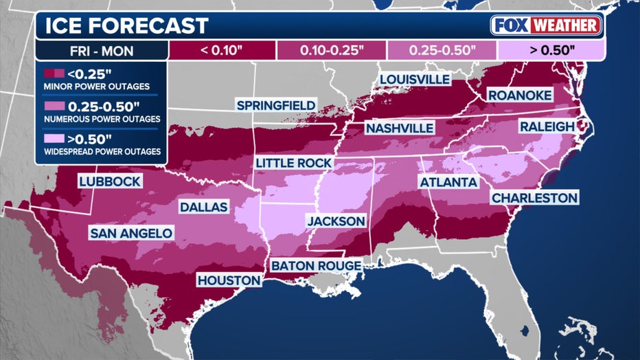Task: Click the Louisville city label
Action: (414, 79)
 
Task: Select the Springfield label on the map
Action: (276, 105)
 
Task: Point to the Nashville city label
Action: (399, 128)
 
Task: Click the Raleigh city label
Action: (547, 127)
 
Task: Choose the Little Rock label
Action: (293, 163)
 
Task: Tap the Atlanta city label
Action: (448, 182)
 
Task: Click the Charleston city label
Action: (534, 198)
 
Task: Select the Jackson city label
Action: (336, 221)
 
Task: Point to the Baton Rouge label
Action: (315, 265)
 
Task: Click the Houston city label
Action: (229, 280)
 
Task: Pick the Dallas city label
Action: (203, 207)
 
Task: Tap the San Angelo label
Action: (131, 234)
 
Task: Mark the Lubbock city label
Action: (110, 181)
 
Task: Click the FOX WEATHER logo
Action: (547, 25)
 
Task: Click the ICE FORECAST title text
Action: (126, 26)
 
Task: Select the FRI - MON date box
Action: (101, 50)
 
